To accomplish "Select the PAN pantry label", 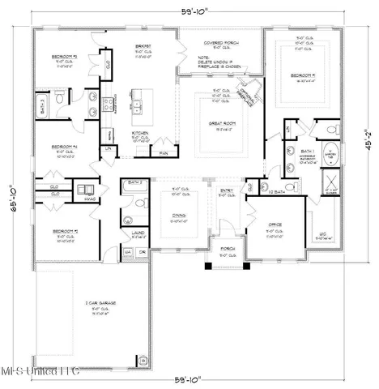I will pyautogui.click(x=164, y=152).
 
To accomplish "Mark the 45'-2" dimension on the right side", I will pyautogui.click(x=370, y=143).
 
